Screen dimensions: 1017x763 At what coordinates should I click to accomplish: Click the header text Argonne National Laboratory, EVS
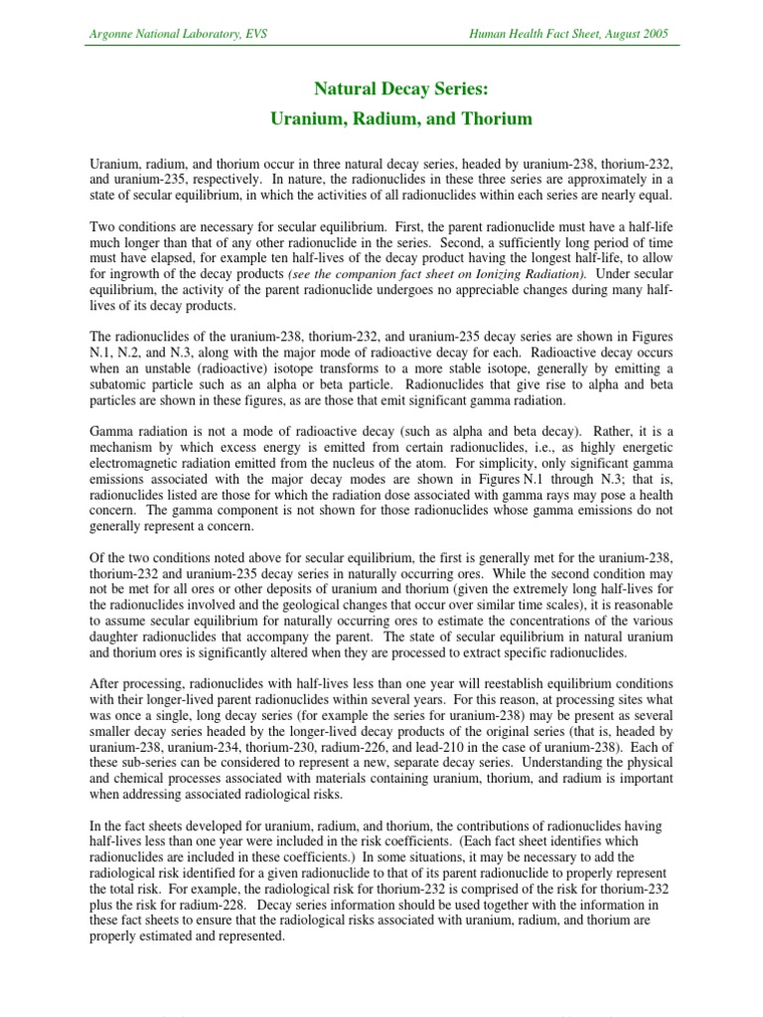[178, 34]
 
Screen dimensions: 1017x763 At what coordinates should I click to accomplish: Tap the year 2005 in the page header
[652, 34]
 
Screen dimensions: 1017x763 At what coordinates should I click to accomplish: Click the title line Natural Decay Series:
[401, 89]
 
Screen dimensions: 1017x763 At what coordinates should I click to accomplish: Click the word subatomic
[119, 384]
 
